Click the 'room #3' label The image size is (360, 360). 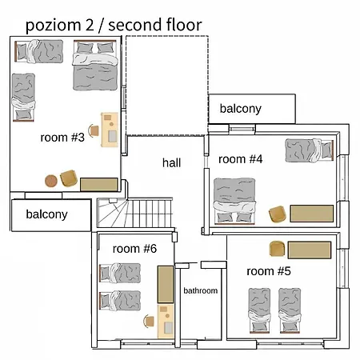pyautogui.click(x=62, y=138)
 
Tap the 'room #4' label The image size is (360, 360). pyautogui.click(x=241, y=159)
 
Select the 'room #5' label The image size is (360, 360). pyautogui.click(x=269, y=271)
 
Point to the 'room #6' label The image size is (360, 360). pyautogui.click(x=134, y=249)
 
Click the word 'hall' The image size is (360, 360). pyautogui.click(x=172, y=162)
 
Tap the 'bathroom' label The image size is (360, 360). pyautogui.click(x=201, y=290)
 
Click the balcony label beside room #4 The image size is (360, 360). pyautogui.click(x=241, y=109)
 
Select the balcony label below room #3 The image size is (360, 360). pyautogui.click(x=46, y=214)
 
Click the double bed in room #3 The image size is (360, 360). pyautogui.click(x=95, y=66)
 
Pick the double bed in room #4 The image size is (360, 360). pyautogui.click(x=234, y=201)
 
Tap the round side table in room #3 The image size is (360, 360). pyautogui.click(x=51, y=181)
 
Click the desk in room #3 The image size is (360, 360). pyautogui.click(x=110, y=130)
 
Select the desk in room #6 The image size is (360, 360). pyautogui.click(x=166, y=322)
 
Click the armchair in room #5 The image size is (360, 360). pyautogui.click(x=277, y=249)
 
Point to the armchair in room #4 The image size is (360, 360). pyautogui.click(x=278, y=214)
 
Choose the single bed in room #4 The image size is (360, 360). pyautogui.click(x=310, y=150)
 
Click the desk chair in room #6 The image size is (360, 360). pyautogui.click(x=149, y=321)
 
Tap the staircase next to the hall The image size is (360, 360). pyautogui.click(x=135, y=213)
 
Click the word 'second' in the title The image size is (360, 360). pyautogui.click(x=134, y=25)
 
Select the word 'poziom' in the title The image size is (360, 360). pyautogui.click(x=54, y=26)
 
